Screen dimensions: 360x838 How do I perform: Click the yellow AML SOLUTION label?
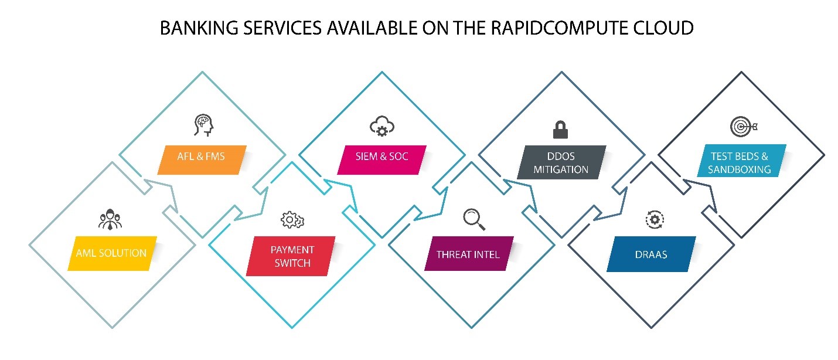point(111,253)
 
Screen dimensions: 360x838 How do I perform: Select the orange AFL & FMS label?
point(201,157)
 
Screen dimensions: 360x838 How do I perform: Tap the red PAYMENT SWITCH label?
point(291,257)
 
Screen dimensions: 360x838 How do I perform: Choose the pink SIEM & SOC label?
point(381,157)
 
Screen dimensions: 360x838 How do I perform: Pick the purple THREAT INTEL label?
point(468,254)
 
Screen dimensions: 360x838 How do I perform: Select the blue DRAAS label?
point(650,255)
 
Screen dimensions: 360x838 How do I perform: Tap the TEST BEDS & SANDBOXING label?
point(740,162)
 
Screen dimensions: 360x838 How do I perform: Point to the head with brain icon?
point(202,125)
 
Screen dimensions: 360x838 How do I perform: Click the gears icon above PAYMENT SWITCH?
point(292,220)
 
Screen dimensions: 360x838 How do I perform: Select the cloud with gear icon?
point(382,127)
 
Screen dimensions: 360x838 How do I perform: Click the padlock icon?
point(561,128)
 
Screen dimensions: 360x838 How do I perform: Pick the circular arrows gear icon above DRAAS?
point(653,220)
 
